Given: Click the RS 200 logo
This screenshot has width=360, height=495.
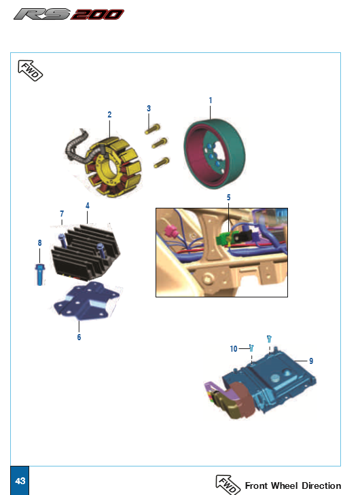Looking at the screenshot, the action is [69, 14].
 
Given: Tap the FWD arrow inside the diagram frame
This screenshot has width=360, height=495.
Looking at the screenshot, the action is [30, 71].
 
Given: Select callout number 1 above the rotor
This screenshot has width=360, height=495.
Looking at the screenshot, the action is [211, 100].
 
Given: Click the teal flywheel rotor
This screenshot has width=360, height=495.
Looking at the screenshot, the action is [215, 153].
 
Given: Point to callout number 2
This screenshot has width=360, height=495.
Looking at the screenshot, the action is [109, 115].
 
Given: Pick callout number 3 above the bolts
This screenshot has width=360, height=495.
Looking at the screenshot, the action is [149, 108].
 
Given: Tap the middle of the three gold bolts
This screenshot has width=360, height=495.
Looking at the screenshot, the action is [160, 143].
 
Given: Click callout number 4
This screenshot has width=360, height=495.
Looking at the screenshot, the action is [88, 206].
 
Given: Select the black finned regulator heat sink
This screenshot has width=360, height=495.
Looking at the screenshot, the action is [86, 253].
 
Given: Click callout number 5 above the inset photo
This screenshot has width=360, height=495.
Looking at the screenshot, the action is [229, 198].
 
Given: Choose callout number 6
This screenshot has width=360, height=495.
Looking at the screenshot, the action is [79, 337].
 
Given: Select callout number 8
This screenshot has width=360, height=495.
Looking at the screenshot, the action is [39, 243].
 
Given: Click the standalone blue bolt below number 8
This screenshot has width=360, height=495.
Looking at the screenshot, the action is [39, 274].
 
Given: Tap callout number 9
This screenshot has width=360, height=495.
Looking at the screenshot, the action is [311, 361].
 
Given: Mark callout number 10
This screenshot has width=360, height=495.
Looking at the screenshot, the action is [234, 348].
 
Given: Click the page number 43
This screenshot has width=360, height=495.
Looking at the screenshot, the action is [20, 481].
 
